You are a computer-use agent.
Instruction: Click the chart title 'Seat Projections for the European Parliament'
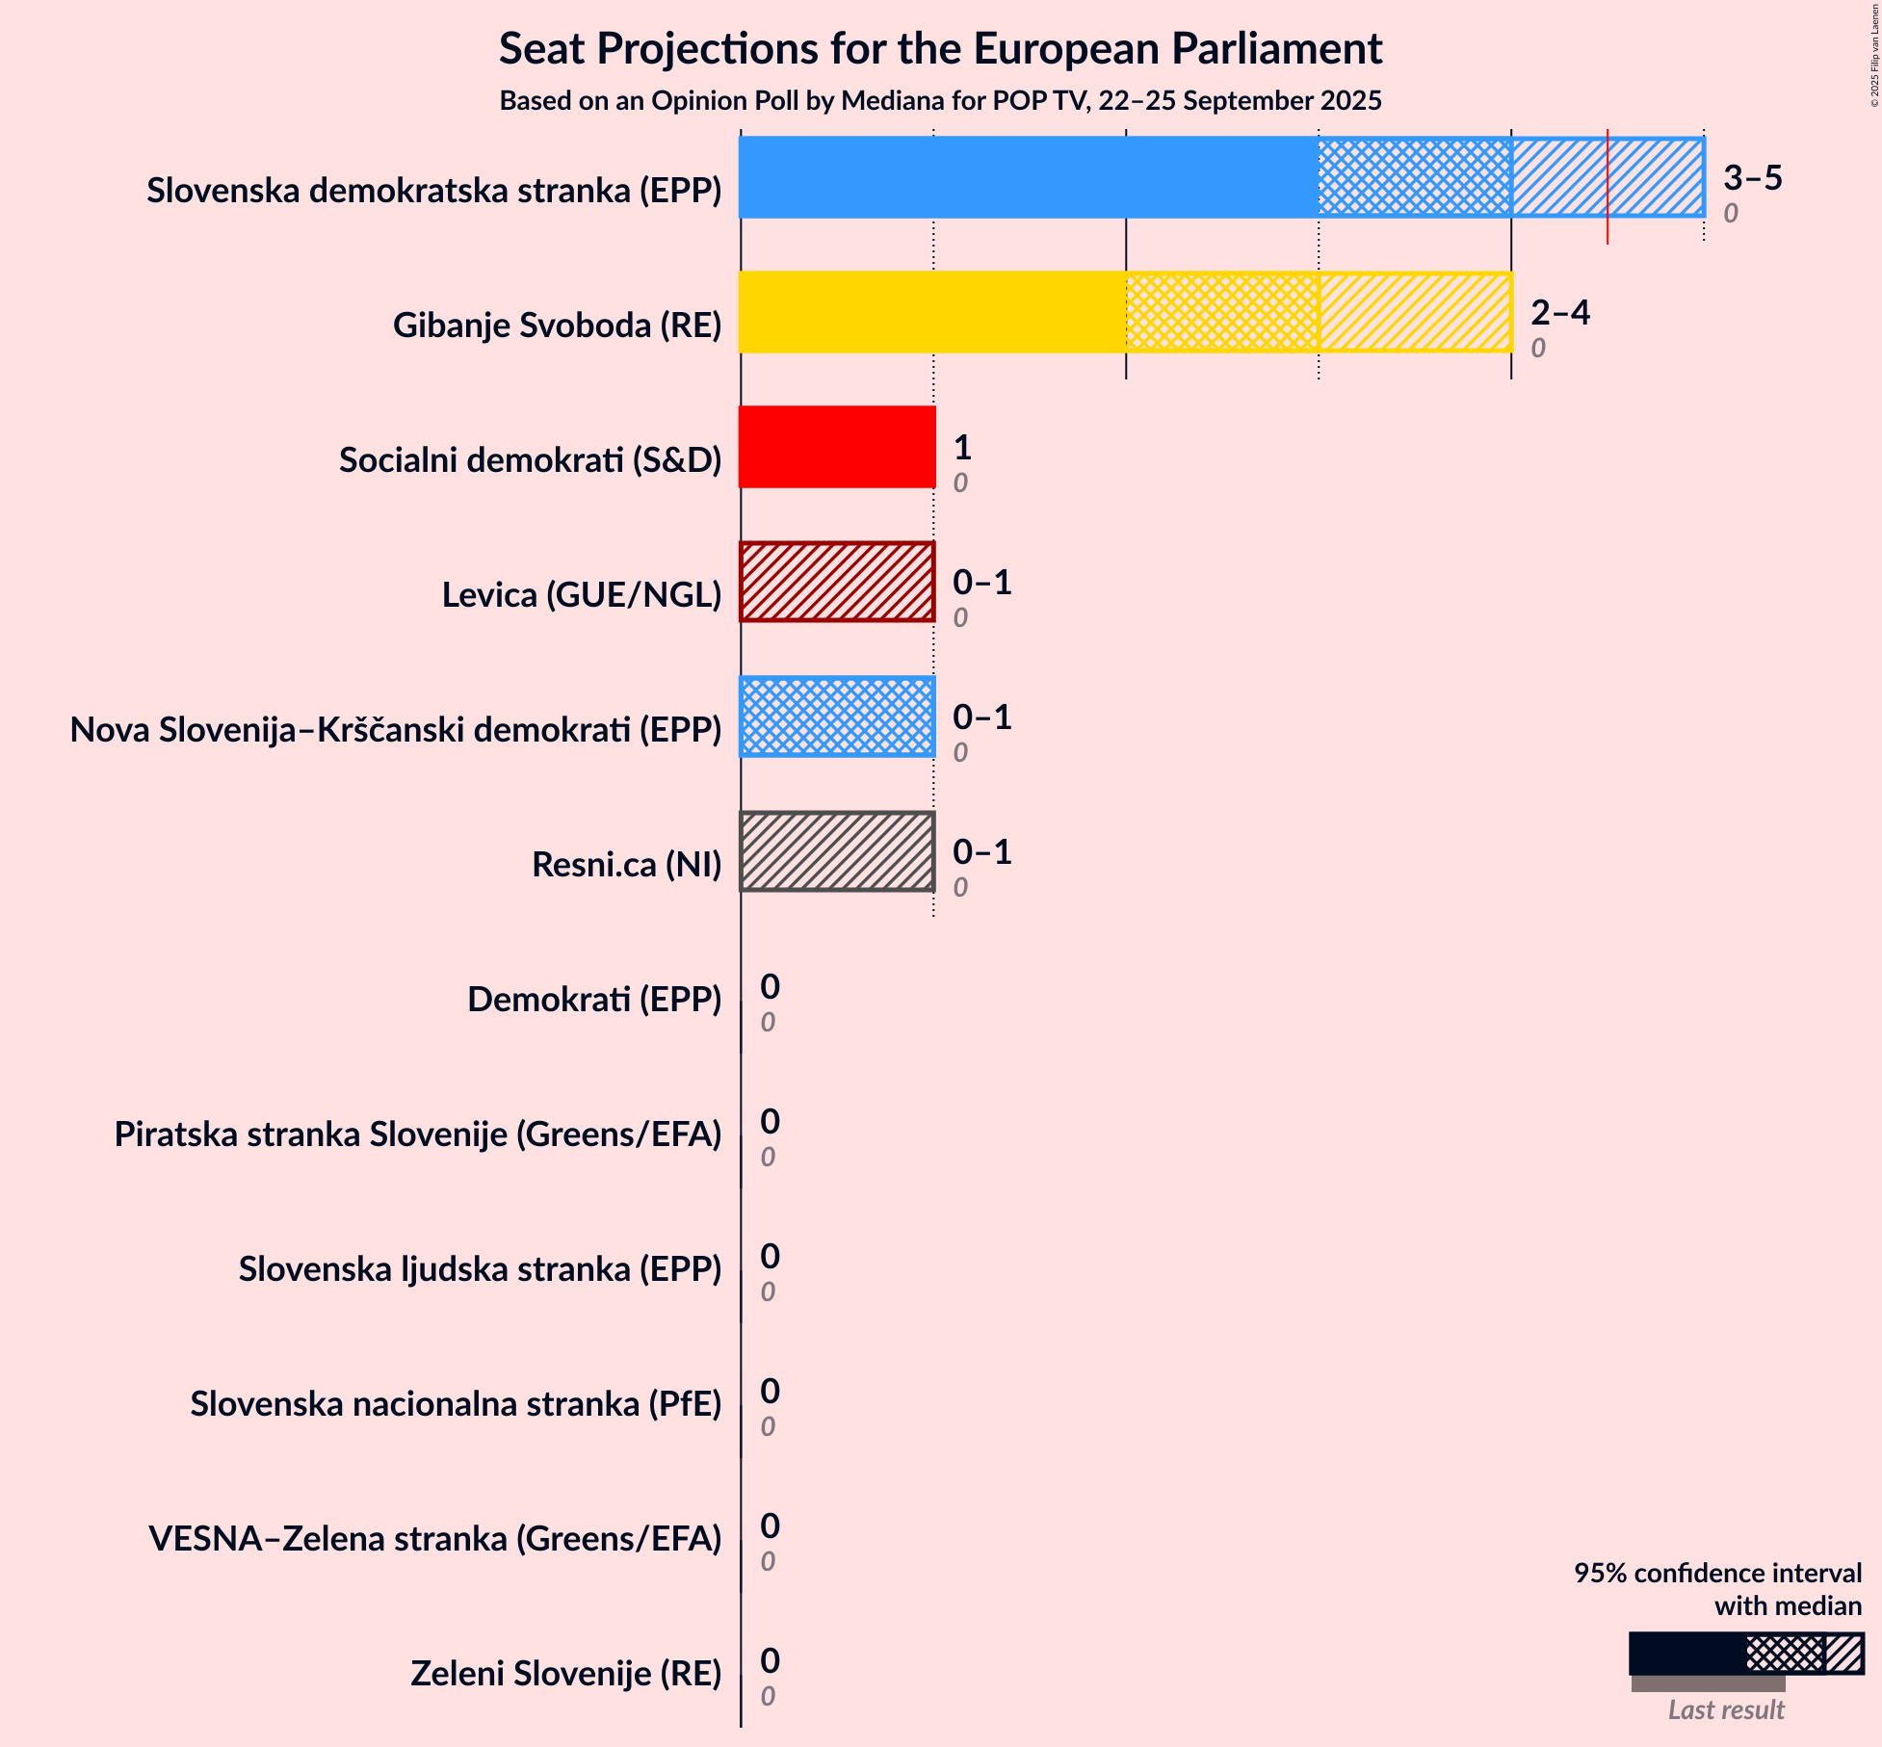pos(940,49)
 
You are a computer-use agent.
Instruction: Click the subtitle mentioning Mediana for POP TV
pos(940,101)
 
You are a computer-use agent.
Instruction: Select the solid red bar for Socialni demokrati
pos(836,447)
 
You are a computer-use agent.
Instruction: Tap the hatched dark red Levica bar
pos(836,582)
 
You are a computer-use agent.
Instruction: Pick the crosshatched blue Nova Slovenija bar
pos(836,717)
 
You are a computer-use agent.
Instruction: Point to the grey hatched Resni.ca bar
pos(836,851)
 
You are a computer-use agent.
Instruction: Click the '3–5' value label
pos(1752,177)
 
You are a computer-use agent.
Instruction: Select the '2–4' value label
pos(1559,312)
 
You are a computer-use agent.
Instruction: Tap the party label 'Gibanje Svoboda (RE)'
pos(557,326)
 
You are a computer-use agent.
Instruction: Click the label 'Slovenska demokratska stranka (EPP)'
pos(433,191)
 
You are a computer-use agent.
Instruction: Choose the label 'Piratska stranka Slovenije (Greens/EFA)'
pos(418,1134)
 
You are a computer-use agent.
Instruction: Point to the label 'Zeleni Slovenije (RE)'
pos(565,1674)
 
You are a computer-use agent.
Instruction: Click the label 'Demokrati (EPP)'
pos(593,1000)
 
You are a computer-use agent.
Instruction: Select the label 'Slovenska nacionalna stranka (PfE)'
pos(455,1404)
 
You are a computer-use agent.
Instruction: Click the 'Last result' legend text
pos(1726,1709)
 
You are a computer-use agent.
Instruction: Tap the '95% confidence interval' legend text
pos(1717,1573)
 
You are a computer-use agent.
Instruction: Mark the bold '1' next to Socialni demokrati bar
pos(961,447)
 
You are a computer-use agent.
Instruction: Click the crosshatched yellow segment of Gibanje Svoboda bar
pos(1221,312)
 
